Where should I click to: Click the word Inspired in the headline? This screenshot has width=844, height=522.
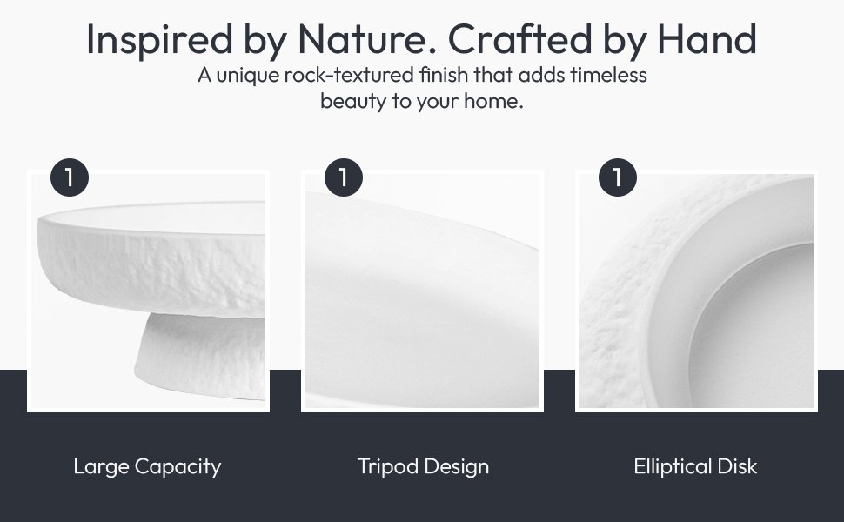pos(159,40)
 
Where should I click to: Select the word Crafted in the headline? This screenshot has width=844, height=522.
pos(520,39)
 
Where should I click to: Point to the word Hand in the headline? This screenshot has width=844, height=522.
pos(707,39)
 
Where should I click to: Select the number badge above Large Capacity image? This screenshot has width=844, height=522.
pos(70,177)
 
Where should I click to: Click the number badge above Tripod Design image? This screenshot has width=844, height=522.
pos(344,177)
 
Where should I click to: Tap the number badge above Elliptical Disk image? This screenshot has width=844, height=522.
pos(618,177)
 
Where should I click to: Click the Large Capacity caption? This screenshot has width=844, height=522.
pos(148,467)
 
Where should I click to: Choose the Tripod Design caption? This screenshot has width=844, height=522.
pos(423,466)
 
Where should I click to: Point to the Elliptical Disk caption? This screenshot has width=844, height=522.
pos(695,466)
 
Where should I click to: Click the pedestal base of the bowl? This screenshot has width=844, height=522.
pos(202,355)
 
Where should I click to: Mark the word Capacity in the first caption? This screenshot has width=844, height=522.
pos(178,467)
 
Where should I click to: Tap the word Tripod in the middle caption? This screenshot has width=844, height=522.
pos(388,466)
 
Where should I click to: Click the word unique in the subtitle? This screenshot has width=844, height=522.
pos(248,76)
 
